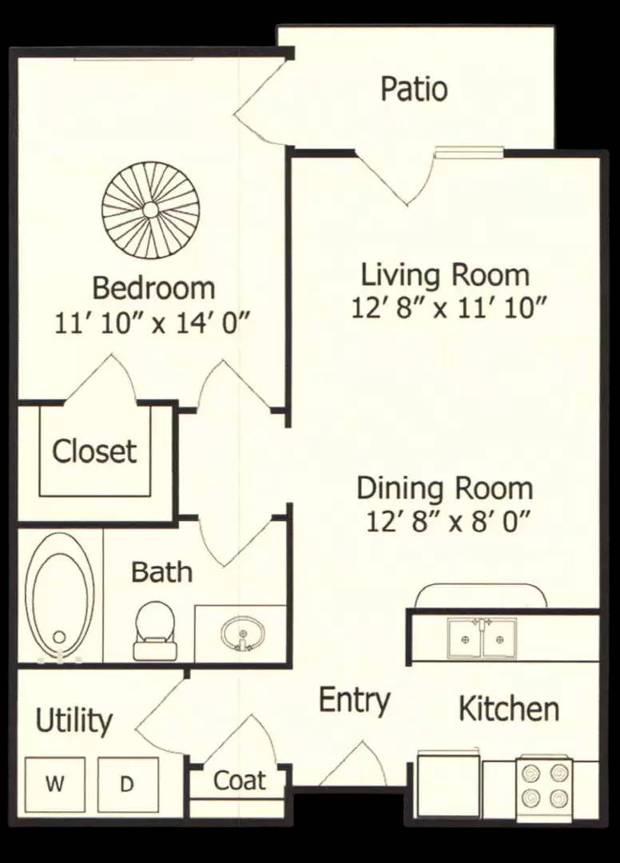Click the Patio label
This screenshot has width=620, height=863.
(414, 89)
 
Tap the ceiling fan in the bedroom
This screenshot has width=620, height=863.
(150, 209)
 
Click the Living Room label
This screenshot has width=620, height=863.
(445, 275)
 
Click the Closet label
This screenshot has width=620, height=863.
(94, 451)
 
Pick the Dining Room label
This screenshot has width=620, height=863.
(445, 488)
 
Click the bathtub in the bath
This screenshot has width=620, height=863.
(60, 595)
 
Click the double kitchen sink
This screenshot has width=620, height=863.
(482, 638)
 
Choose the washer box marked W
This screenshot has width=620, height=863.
(55, 785)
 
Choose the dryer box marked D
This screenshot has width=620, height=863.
(128, 785)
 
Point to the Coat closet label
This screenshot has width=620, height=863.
(240, 781)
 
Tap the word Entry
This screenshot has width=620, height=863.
(355, 700)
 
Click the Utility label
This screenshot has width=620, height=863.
(74, 720)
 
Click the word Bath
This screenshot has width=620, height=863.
(161, 572)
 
